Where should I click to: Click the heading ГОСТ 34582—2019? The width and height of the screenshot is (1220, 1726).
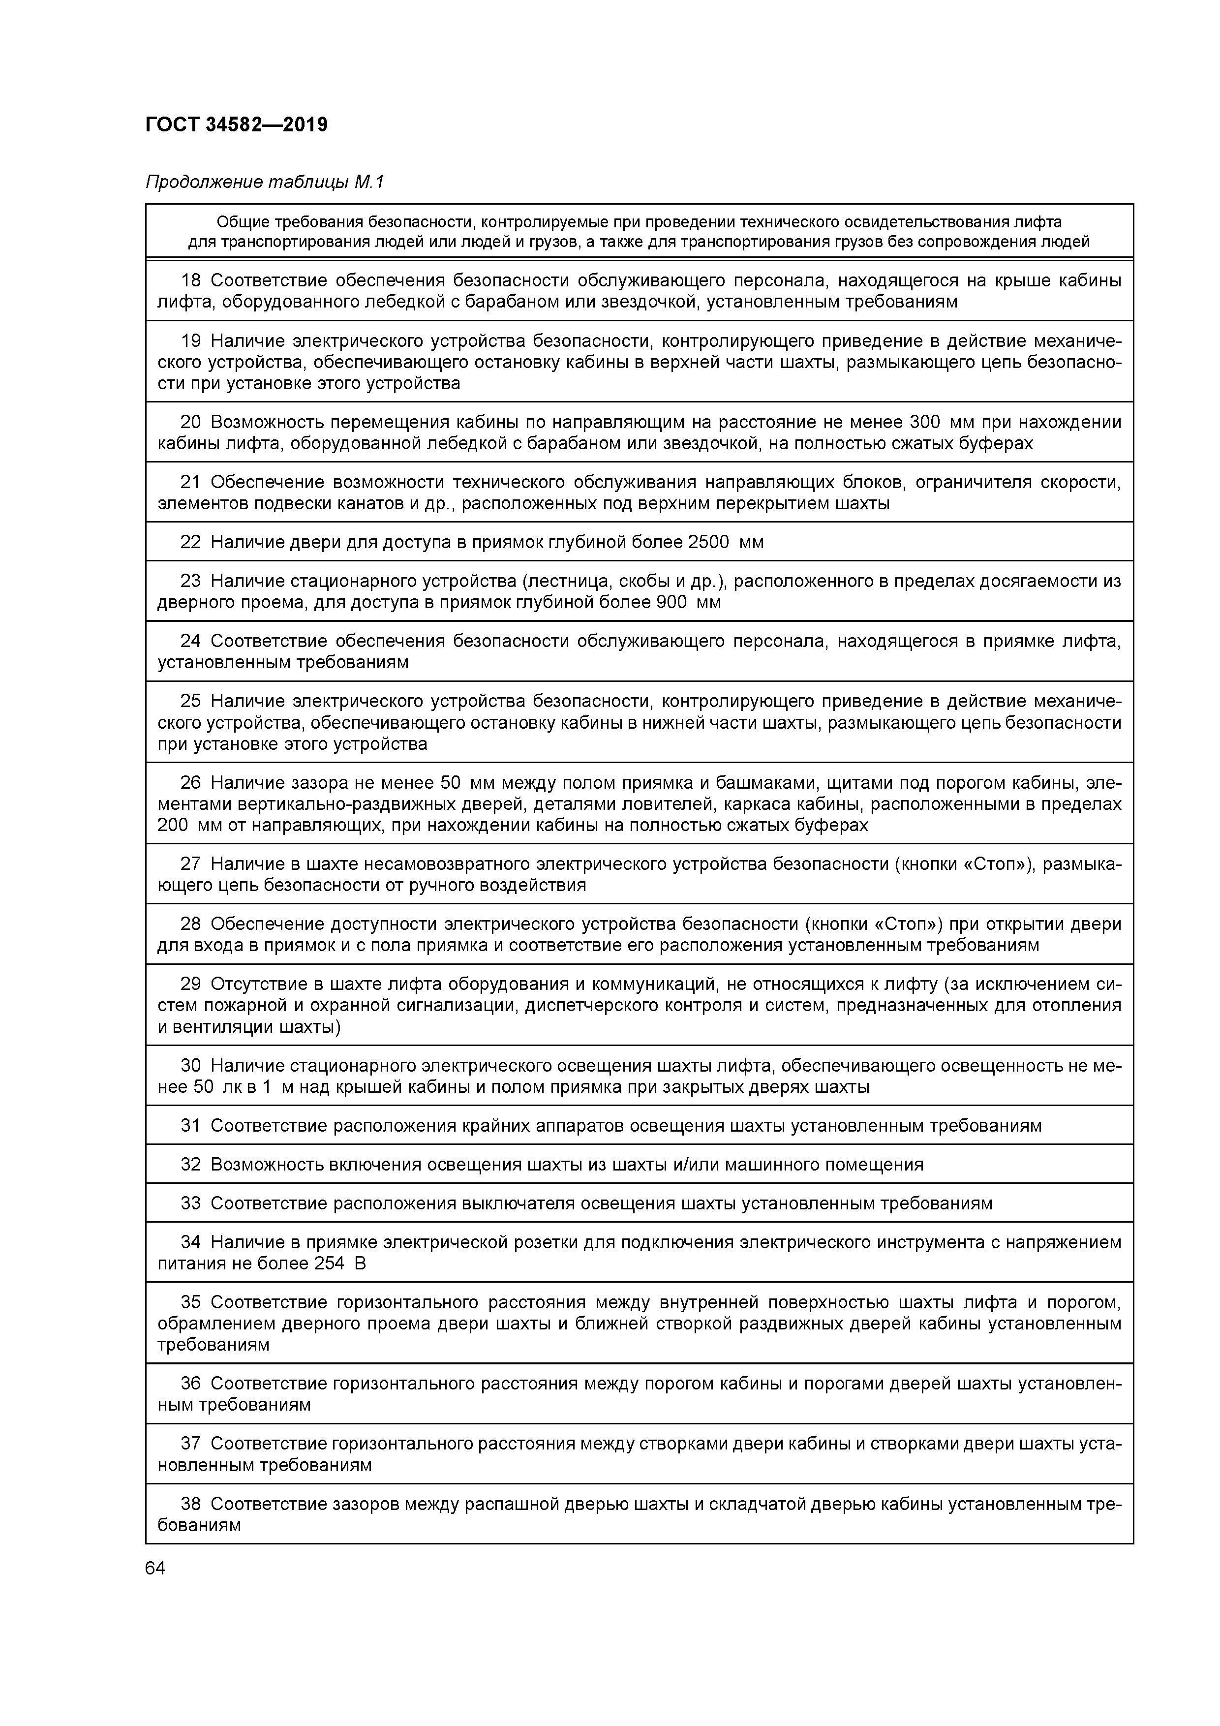236,125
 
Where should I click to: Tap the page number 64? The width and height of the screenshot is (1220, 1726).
155,1568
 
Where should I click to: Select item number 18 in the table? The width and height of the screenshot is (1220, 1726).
191,281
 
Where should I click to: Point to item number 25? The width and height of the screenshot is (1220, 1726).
191,702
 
